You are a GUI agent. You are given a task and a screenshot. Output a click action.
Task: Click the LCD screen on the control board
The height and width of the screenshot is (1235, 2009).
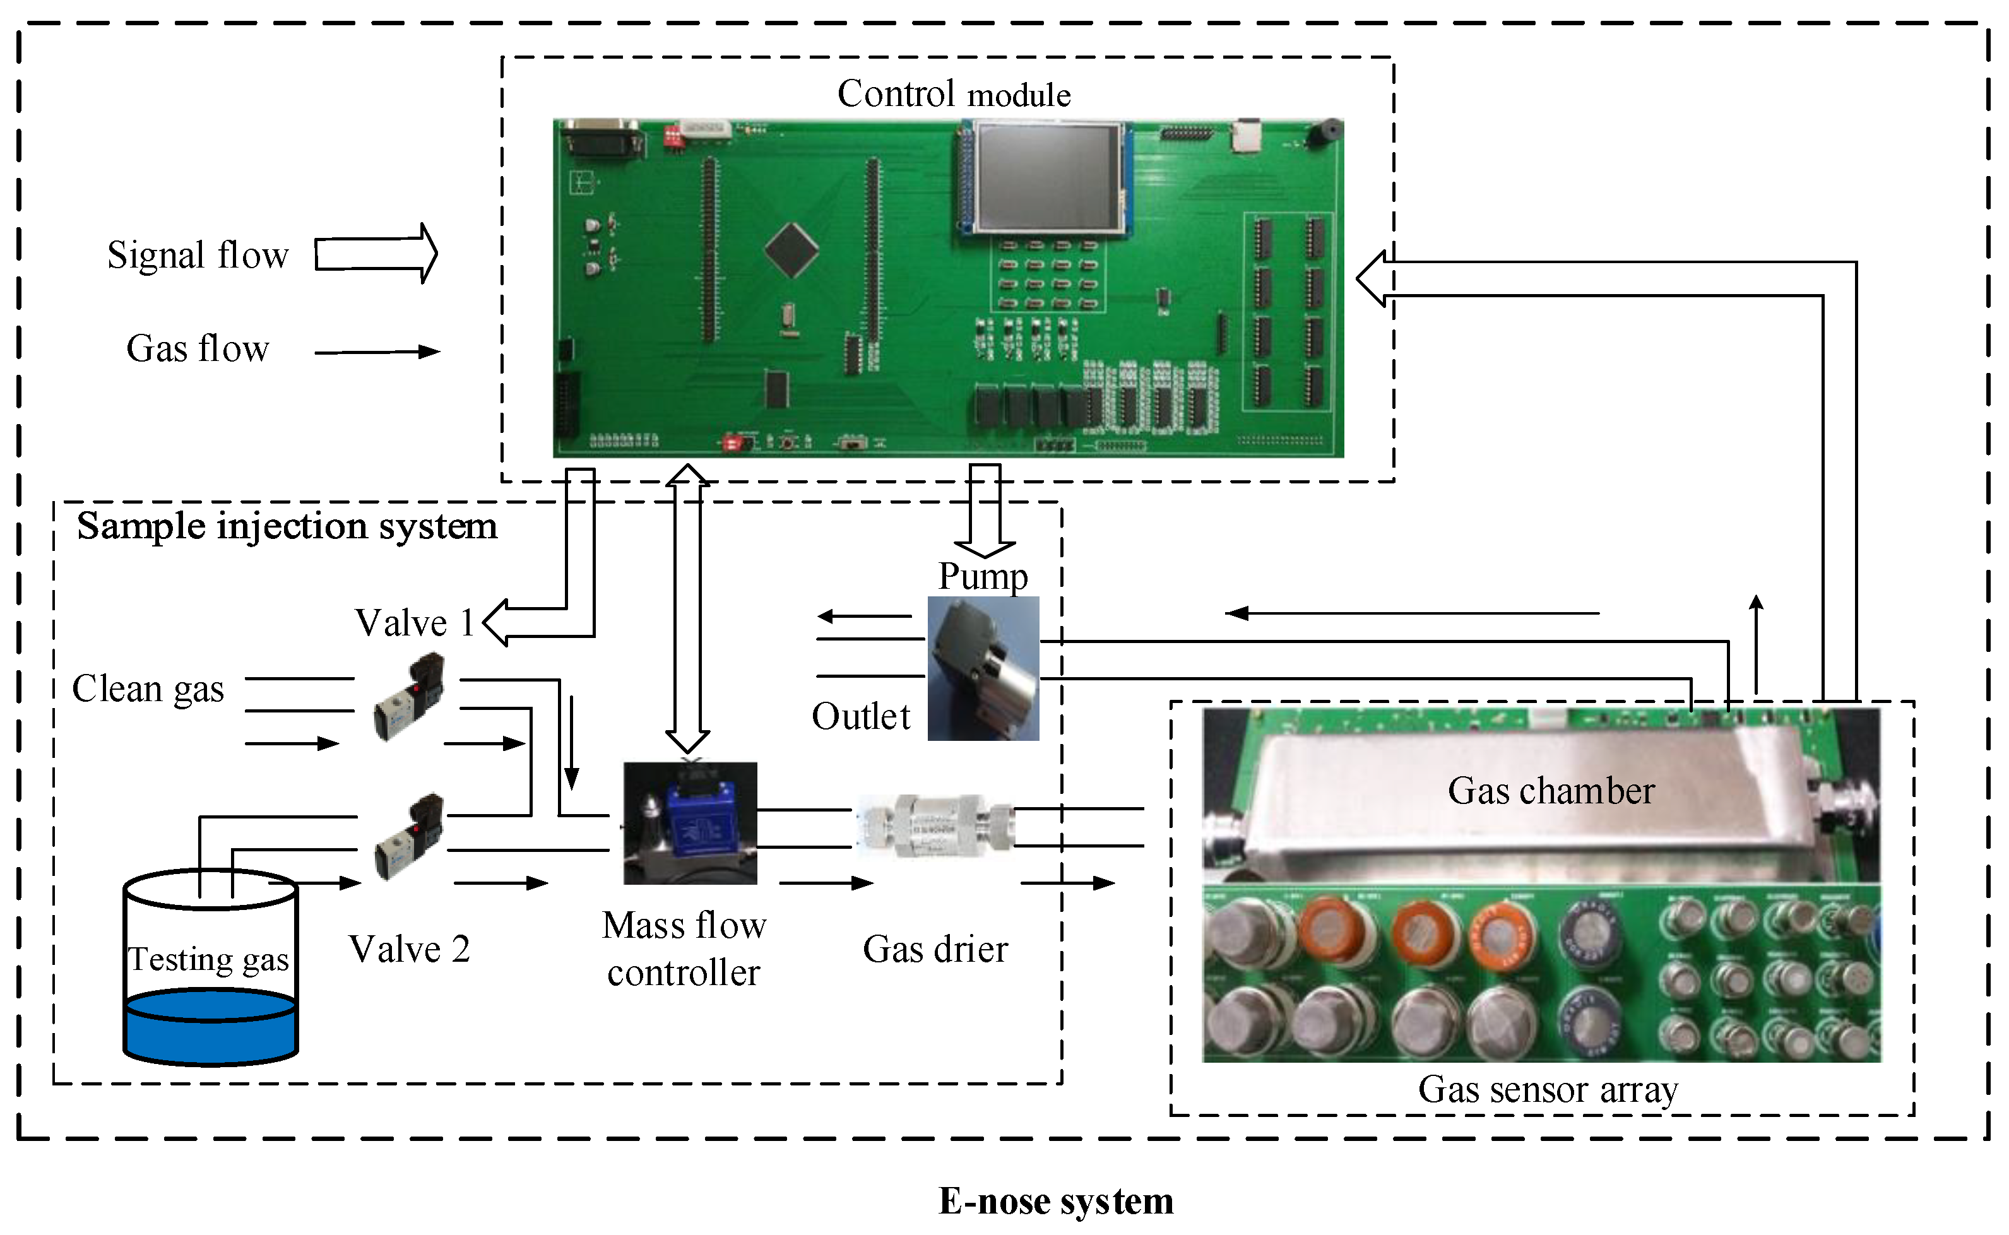[x=1045, y=177]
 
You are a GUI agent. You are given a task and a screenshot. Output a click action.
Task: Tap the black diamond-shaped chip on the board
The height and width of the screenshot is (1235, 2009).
[x=790, y=250]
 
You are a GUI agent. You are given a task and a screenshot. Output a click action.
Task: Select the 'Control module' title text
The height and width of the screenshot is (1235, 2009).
[x=953, y=94]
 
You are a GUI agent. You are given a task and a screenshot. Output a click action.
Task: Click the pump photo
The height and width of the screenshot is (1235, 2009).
[x=983, y=668]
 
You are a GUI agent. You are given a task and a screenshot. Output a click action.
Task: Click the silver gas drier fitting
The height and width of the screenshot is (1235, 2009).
[x=935, y=827]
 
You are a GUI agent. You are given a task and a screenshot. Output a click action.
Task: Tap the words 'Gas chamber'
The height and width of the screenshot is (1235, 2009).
[x=1550, y=791]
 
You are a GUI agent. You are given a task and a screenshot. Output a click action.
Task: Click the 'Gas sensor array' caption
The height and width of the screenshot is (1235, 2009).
[x=1547, y=1089]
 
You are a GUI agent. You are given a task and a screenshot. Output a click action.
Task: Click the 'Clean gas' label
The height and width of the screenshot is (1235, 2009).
[x=148, y=688]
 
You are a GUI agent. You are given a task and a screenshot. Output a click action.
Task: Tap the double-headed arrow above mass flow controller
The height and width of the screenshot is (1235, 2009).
[x=687, y=608]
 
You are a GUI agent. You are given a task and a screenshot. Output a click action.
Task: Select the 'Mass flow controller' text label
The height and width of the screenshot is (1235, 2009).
[x=684, y=948]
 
